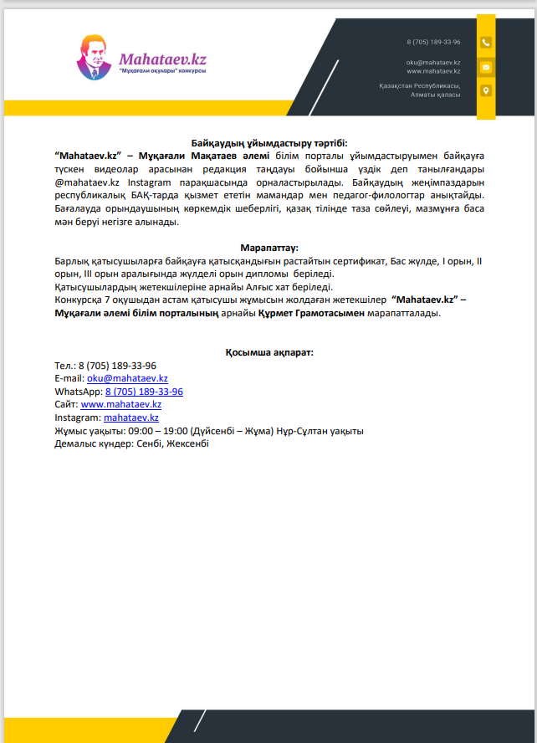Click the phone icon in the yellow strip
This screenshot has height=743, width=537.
click(x=485, y=42)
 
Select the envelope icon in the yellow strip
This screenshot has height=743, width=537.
click(x=485, y=66)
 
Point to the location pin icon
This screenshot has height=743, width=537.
click(x=485, y=90)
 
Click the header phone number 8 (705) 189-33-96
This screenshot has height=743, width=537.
click(x=433, y=42)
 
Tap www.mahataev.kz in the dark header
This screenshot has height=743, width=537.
click(x=433, y=71)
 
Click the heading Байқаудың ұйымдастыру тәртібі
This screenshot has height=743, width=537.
click(x=268, y=145)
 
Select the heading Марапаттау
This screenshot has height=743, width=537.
click(x=268, y=249)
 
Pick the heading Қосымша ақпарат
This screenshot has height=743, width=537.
click(x=268, y=352)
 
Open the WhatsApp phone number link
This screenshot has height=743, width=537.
click(x=144, y=391)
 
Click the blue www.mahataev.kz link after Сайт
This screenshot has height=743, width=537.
click(x=120, y=404)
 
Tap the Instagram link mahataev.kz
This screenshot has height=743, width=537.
click(x=131, y=417)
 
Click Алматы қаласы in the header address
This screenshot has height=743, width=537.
click(x=435, y=95)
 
